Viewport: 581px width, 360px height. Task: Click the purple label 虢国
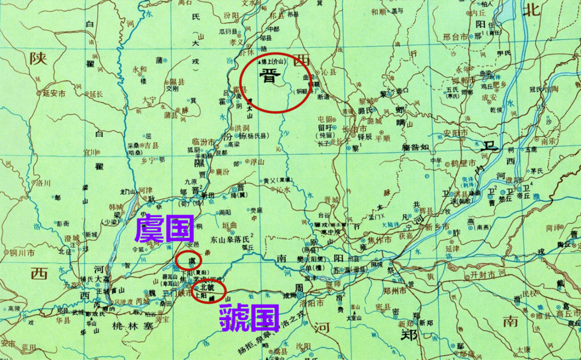click(x=249, y=318)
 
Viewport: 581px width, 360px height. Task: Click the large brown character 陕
click(x=39, y=58)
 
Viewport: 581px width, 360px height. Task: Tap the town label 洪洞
click(x=242, y=127)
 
